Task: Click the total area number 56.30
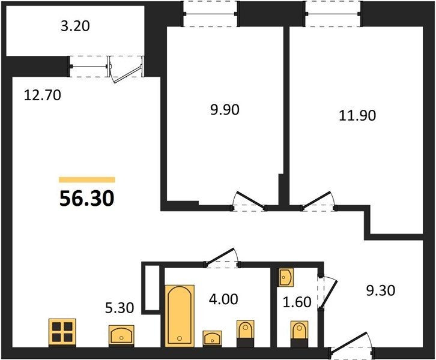click(86, 199)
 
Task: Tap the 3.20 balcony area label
click(75, 26)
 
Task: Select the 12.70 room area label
click(43, 95)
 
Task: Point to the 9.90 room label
click(225, 110)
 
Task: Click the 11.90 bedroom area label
click(357, 115)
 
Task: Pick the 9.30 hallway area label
click(380, 291)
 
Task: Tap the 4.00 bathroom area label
click(223, 299)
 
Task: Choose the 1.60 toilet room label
click(297, 302)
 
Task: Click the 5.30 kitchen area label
click(120, 308)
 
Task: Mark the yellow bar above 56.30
click(86, 180)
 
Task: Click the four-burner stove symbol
click(62, 332)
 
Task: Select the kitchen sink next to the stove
click(121, 335)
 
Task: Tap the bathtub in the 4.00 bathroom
click(180, 316)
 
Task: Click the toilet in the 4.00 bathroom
click(245, 333)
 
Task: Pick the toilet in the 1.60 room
click(299, 334)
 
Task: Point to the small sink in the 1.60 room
click(286, 277)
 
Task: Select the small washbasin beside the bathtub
click(212, 338)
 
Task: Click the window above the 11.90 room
click(333, 14)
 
